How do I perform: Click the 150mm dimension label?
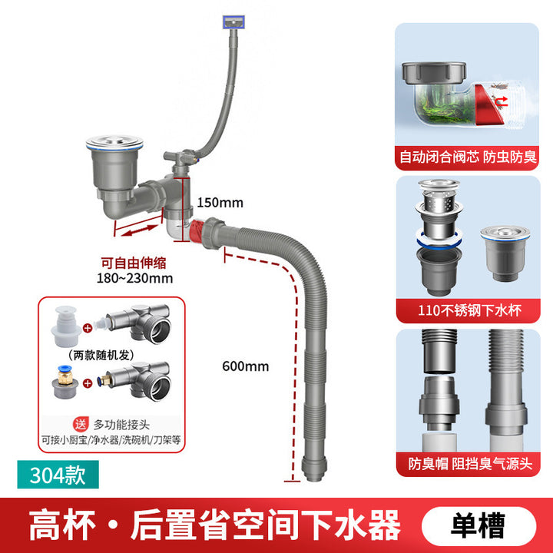click(x=220, y=203)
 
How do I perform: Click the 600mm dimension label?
click(x=246, y=366)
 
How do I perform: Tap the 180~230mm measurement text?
click(x=134, y=278)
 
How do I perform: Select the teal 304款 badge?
click(x=58, y=475)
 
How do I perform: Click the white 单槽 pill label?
click(x=478, y=525)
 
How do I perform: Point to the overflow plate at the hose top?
click(x=233, y=22)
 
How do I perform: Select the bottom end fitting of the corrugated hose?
click(x=314, y=469)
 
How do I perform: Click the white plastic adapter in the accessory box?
click(x=66, y=326)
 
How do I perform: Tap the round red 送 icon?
click(x=81, y=424)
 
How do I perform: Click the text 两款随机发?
click(x=101, y=355)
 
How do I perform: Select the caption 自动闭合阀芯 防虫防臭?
click(x=468, y=157)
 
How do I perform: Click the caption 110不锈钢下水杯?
click(x=469, y=311)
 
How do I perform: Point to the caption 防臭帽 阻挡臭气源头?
click(x=470, y=464)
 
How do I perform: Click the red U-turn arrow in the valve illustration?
click(x=502, y=101)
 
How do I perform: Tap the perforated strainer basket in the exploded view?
click(x=439, y=202)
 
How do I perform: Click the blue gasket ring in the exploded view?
click(x=439, y=242)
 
